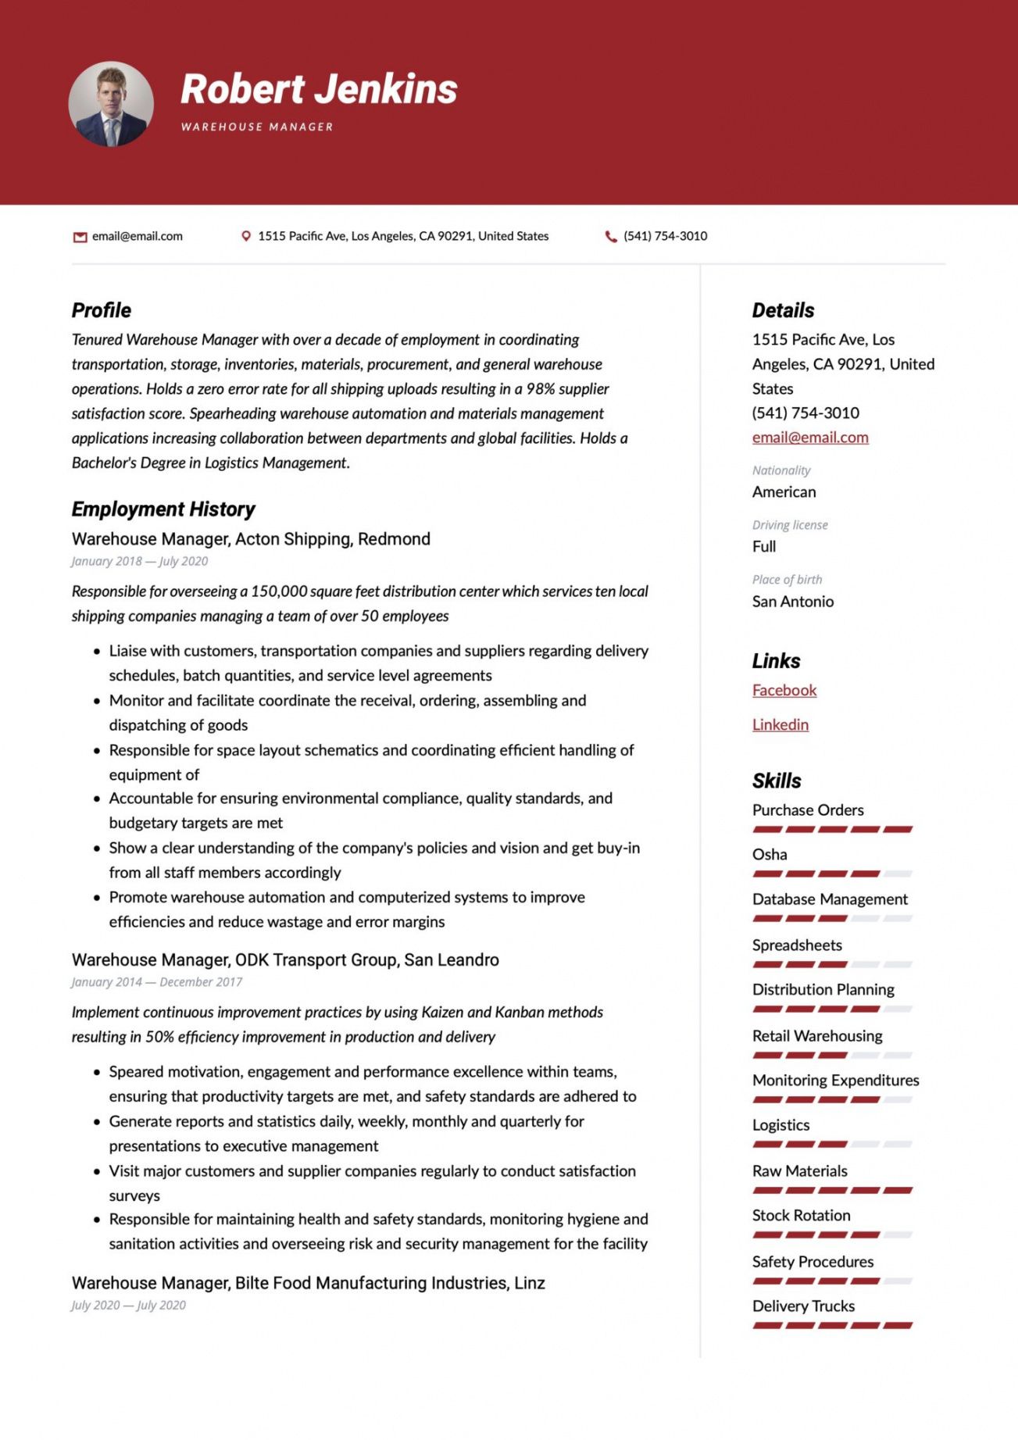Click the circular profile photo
click(x=111, y=105)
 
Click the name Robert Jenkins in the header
click(x=319, y=89)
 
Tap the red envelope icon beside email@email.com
click(x=80, y=237)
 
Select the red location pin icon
click(x=246, y=236)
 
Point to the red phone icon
click(x=611, y=236)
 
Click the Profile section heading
click(x=102, y=310)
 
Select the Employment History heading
click(x=163, y=509)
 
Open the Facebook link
click(x=784, y=690)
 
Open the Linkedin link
click(x=780, y=724)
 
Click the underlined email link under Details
click(x=810, y=438)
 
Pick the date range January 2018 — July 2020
click(x=140, y=561)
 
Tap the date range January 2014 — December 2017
click(x=157, y=982)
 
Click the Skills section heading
click(x=777, y=781)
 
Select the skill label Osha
click(x=770, y=855)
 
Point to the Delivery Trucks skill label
click(x=803, y=1306)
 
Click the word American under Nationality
click(x=784, y=492)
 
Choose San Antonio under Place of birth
click(x=793, y=602)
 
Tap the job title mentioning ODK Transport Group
click(x=285, y=959)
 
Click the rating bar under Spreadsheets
click(x=832, y=964)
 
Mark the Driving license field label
click(x=790, y=525)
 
